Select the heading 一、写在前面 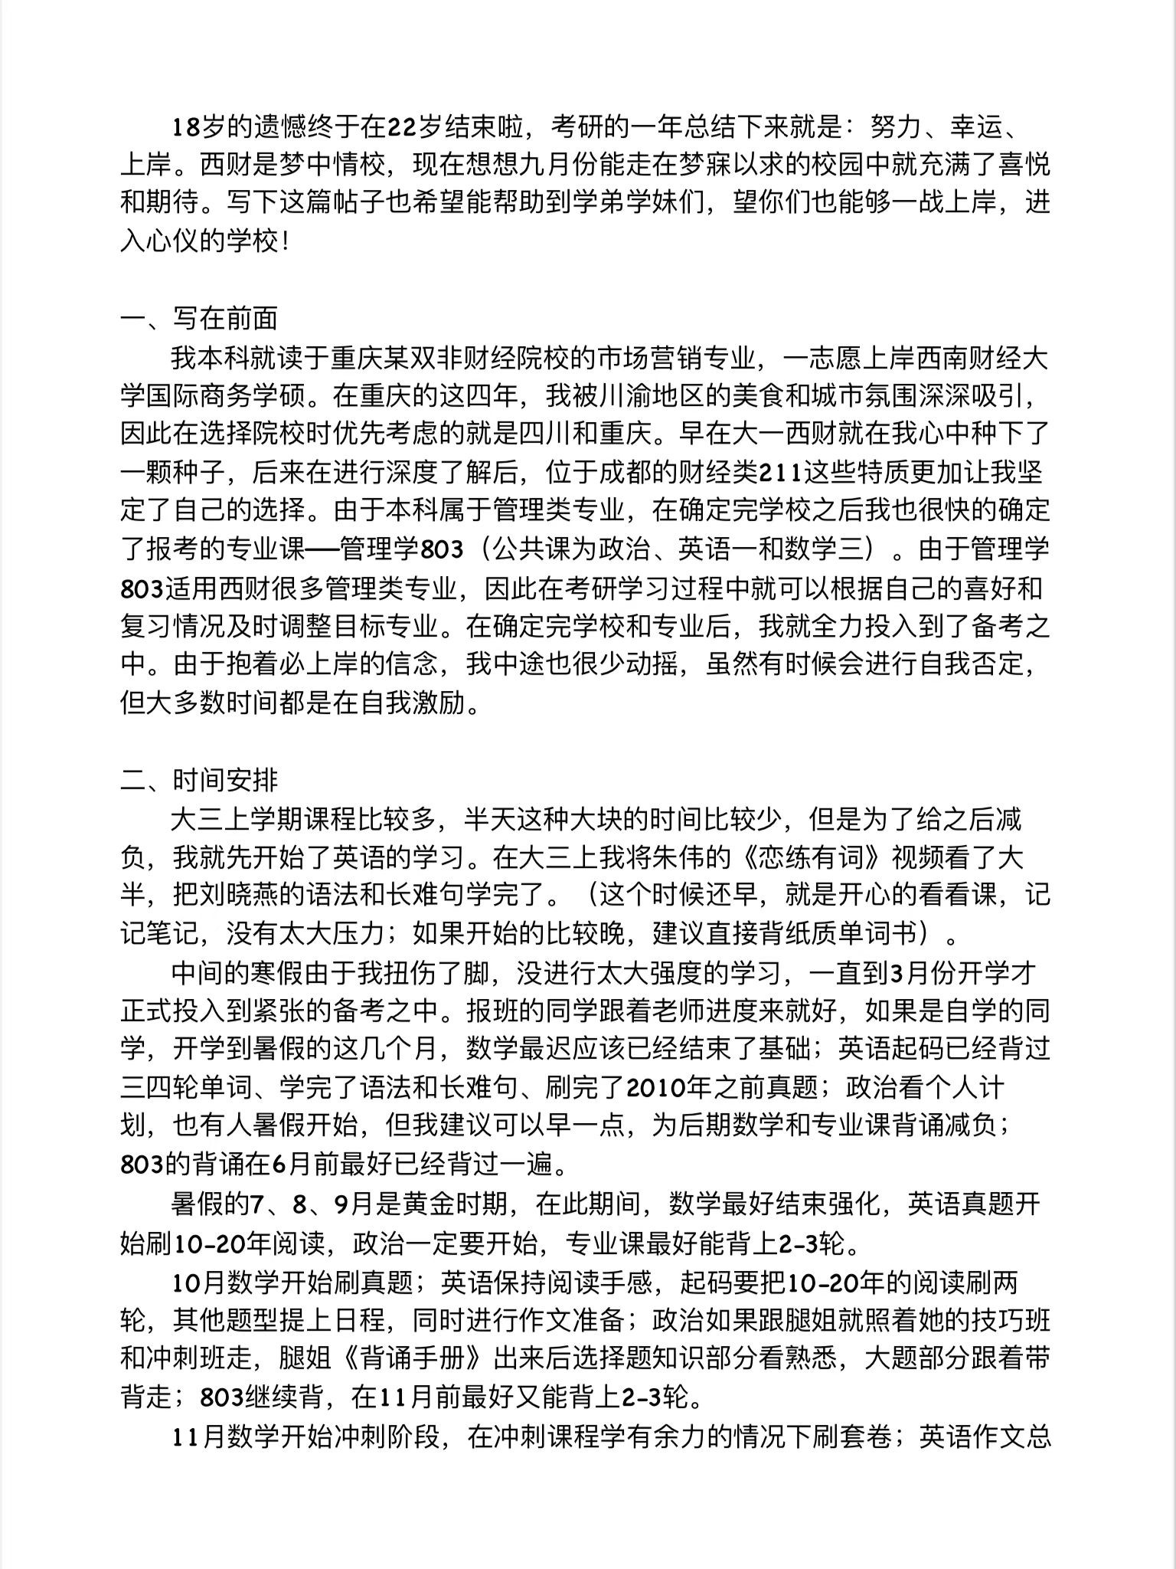tap(199, 319)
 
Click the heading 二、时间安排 tap(199, 781)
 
